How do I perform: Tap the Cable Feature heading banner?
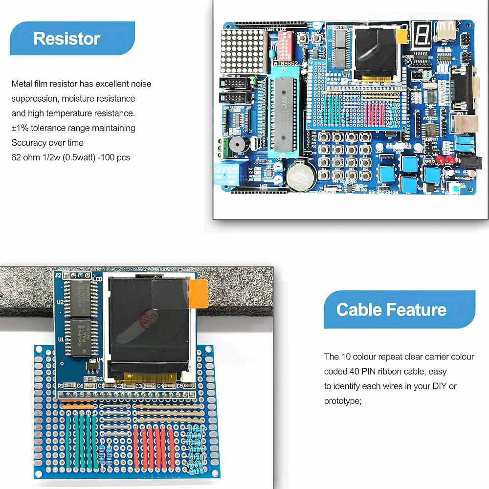coord(399,310)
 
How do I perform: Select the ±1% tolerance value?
coord(20,128)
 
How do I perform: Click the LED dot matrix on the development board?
coord(243,51)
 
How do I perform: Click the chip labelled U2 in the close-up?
coord(81,298)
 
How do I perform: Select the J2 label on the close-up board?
coord(58,276)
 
